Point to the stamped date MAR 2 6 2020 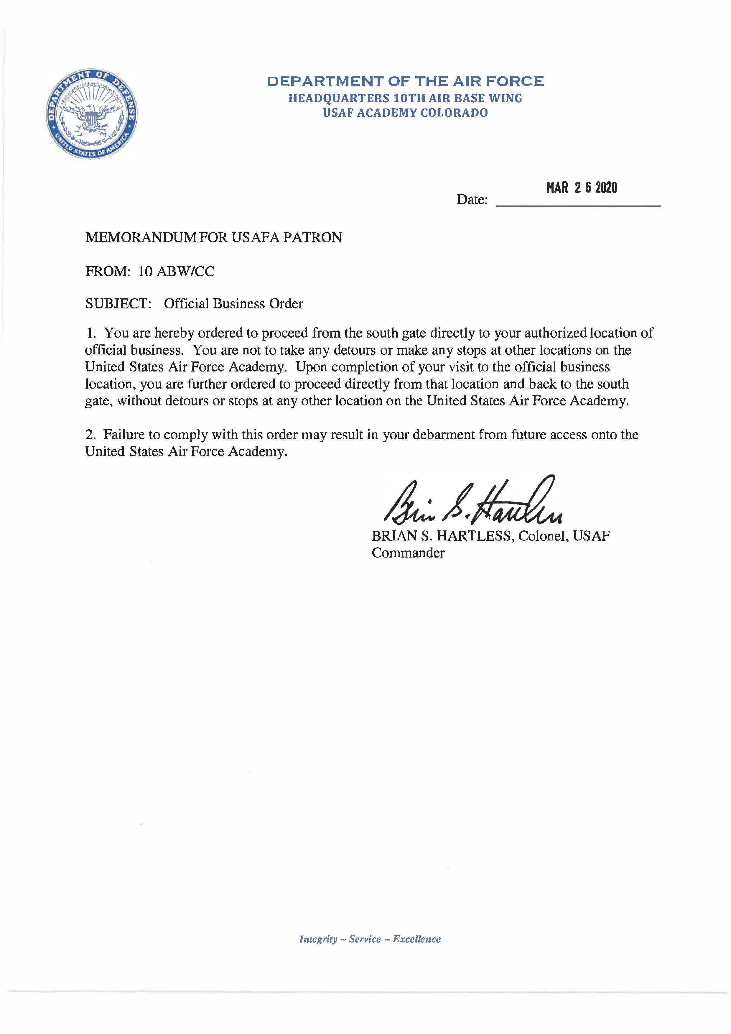coord(582,187)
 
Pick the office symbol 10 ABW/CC coord(177,271)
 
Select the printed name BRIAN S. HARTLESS coord(441,536)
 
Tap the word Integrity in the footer coord(318,939)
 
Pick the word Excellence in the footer coord(416,939)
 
